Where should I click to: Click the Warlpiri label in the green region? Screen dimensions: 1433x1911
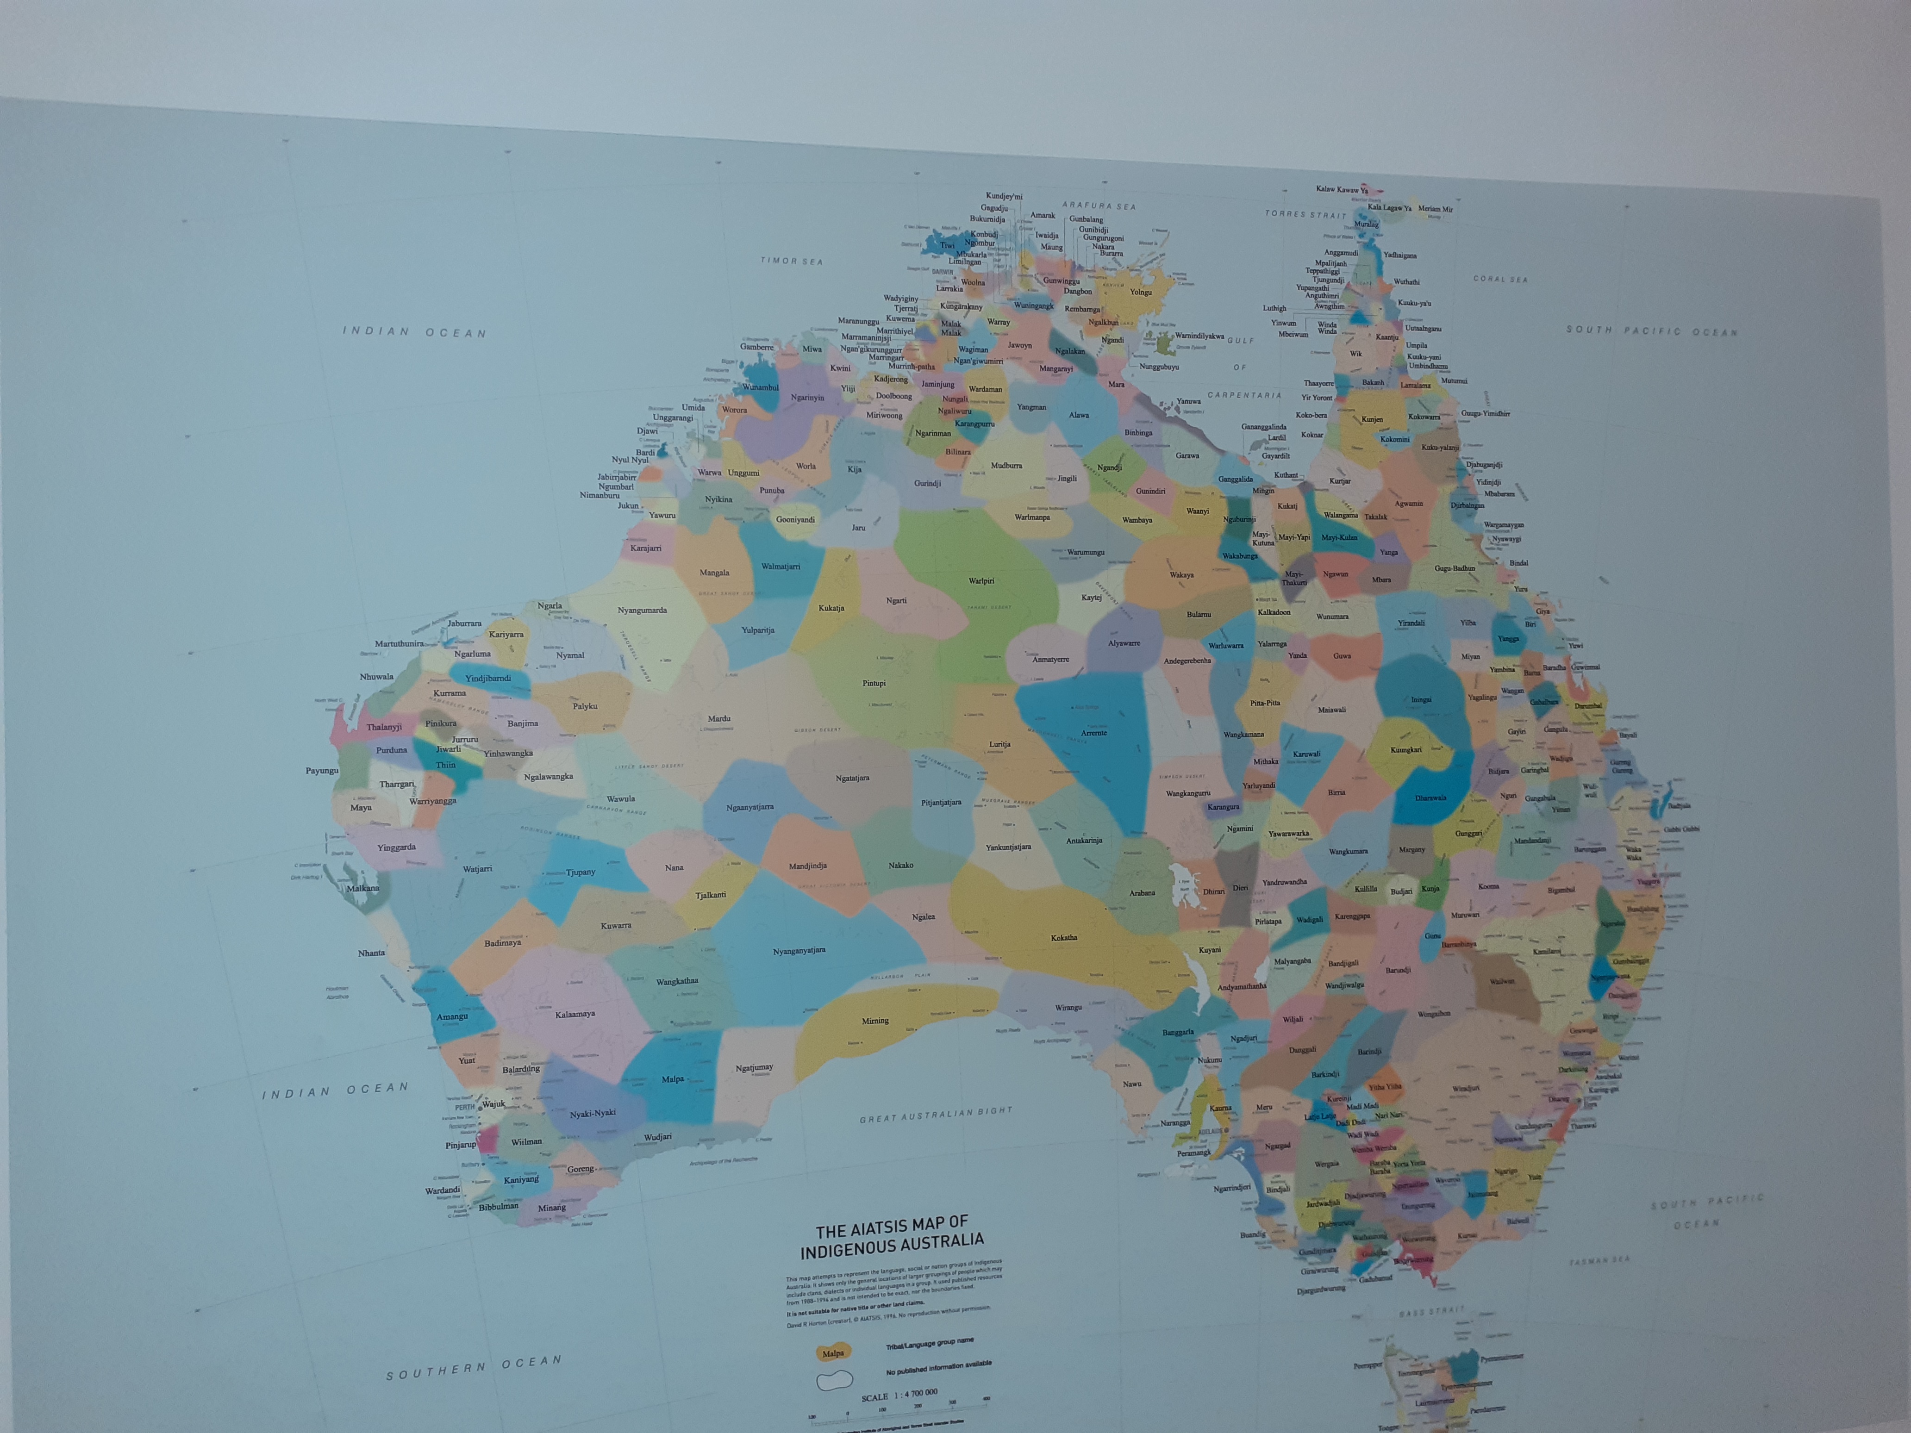pos(981,580)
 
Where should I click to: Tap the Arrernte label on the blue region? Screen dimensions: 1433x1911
pos(1094,733)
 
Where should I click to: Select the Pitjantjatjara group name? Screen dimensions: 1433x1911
pos(941,803)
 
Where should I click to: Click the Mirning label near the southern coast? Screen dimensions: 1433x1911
pos(875,1020)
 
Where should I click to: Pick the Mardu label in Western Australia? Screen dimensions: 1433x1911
pos(719,718)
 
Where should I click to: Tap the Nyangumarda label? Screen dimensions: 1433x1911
pos(642,610)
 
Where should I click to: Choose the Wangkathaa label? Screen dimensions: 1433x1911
pos(677,981)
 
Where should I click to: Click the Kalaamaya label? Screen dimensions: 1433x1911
pos(575,1014)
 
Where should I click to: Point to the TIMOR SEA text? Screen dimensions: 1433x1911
pos(791,260)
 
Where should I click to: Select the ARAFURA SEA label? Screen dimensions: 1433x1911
pos(1099,206)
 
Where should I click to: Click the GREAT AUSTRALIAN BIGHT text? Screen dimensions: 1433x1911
pos(936,1115)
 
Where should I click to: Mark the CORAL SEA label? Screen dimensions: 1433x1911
pos(1501,279)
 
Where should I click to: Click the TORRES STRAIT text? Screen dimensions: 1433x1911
pos(1305,214)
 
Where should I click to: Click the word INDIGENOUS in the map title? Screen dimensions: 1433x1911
pos(851,1249)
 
